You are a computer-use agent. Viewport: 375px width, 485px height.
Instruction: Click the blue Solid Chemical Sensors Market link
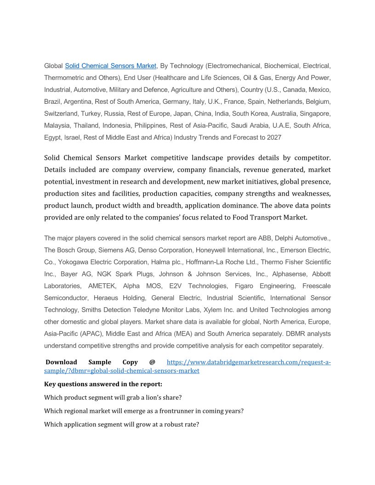(111, 66)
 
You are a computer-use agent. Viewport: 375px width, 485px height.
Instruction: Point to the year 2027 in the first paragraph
(273, 137)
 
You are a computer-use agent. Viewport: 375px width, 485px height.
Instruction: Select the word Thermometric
(63, 78)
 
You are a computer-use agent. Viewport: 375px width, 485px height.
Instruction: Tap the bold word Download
(61, 362)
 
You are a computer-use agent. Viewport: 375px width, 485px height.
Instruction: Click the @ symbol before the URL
(152, 362)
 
